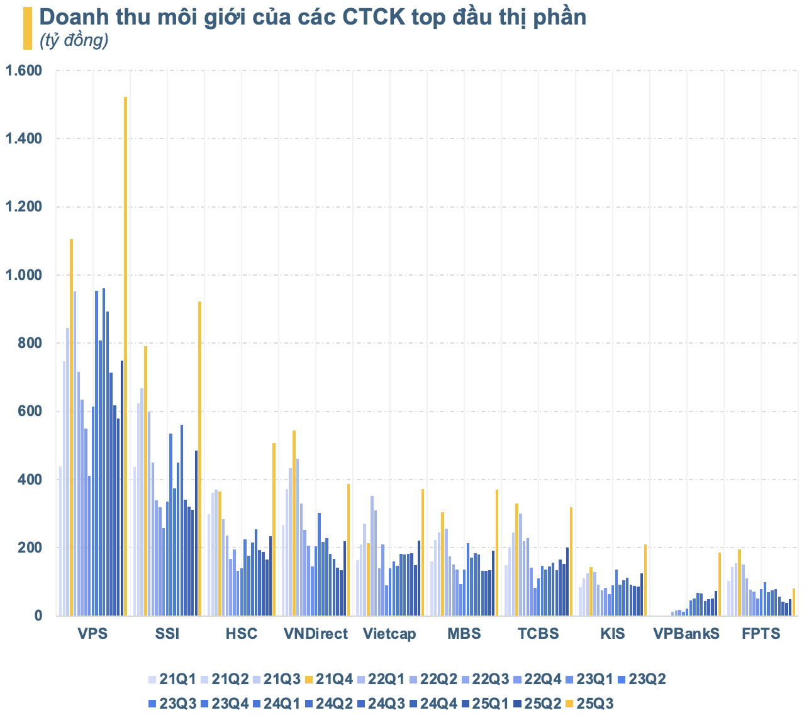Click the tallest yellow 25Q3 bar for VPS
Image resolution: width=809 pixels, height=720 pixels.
125,356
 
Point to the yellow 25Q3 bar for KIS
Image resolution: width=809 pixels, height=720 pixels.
645,580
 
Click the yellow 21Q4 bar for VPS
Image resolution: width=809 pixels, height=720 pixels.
71,427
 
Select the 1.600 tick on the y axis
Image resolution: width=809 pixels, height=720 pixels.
23,70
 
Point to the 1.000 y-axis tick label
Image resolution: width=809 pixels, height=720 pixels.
23,275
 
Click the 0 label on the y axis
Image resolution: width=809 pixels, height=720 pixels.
38,616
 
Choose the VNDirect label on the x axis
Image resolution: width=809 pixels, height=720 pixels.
315,634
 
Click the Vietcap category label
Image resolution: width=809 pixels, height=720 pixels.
389,634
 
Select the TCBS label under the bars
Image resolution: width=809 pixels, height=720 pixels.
538,634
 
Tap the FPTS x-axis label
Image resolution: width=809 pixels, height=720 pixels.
761,634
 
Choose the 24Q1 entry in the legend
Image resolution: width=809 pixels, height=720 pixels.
276,704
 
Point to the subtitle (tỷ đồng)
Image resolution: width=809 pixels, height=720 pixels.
74,41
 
